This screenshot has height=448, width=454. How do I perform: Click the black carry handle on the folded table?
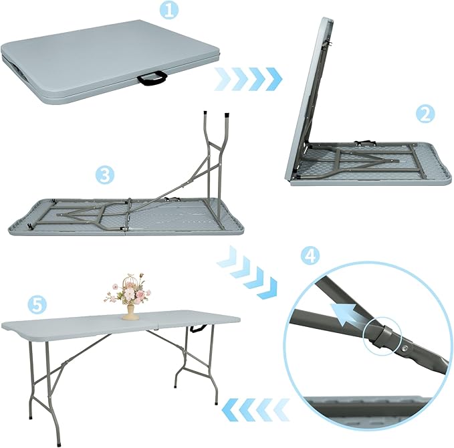point(152,80)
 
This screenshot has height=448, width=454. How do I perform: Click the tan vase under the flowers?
point(131,312)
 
